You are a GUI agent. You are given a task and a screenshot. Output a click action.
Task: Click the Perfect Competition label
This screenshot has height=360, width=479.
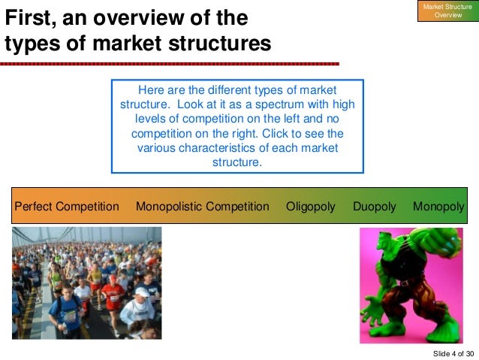click(x=67, y=206)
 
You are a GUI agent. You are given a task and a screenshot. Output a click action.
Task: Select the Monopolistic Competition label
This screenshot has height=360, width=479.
click(x=202, y=206)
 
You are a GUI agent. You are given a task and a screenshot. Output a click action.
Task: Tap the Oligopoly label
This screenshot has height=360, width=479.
click(x=311, y=206)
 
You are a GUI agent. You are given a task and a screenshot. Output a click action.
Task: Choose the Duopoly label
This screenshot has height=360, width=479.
click(x=374, y=206)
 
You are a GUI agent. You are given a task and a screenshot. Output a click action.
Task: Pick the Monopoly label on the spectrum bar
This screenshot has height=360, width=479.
click(x=438, y=206)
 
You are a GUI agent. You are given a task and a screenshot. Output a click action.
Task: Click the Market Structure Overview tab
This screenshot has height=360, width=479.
click(x=447, y=11)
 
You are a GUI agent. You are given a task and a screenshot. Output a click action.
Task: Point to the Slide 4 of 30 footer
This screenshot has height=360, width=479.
click(x=453, y=353)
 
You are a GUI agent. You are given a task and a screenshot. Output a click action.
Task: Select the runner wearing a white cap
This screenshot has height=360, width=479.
click(x=140, y=297)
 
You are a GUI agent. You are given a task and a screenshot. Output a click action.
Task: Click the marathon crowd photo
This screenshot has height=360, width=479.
click(x=86, y=283)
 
